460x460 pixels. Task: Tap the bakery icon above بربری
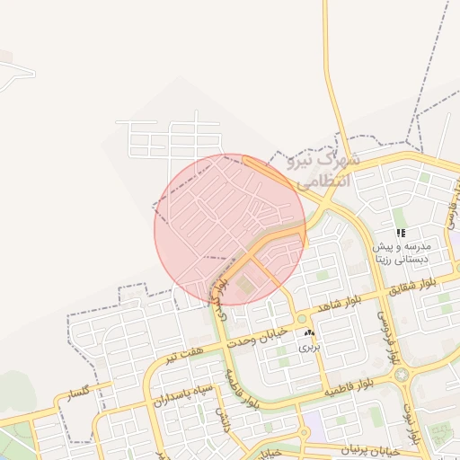coord(309,332)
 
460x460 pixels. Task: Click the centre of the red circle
coord(230,229)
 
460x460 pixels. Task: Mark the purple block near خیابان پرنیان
coord(314,421)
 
